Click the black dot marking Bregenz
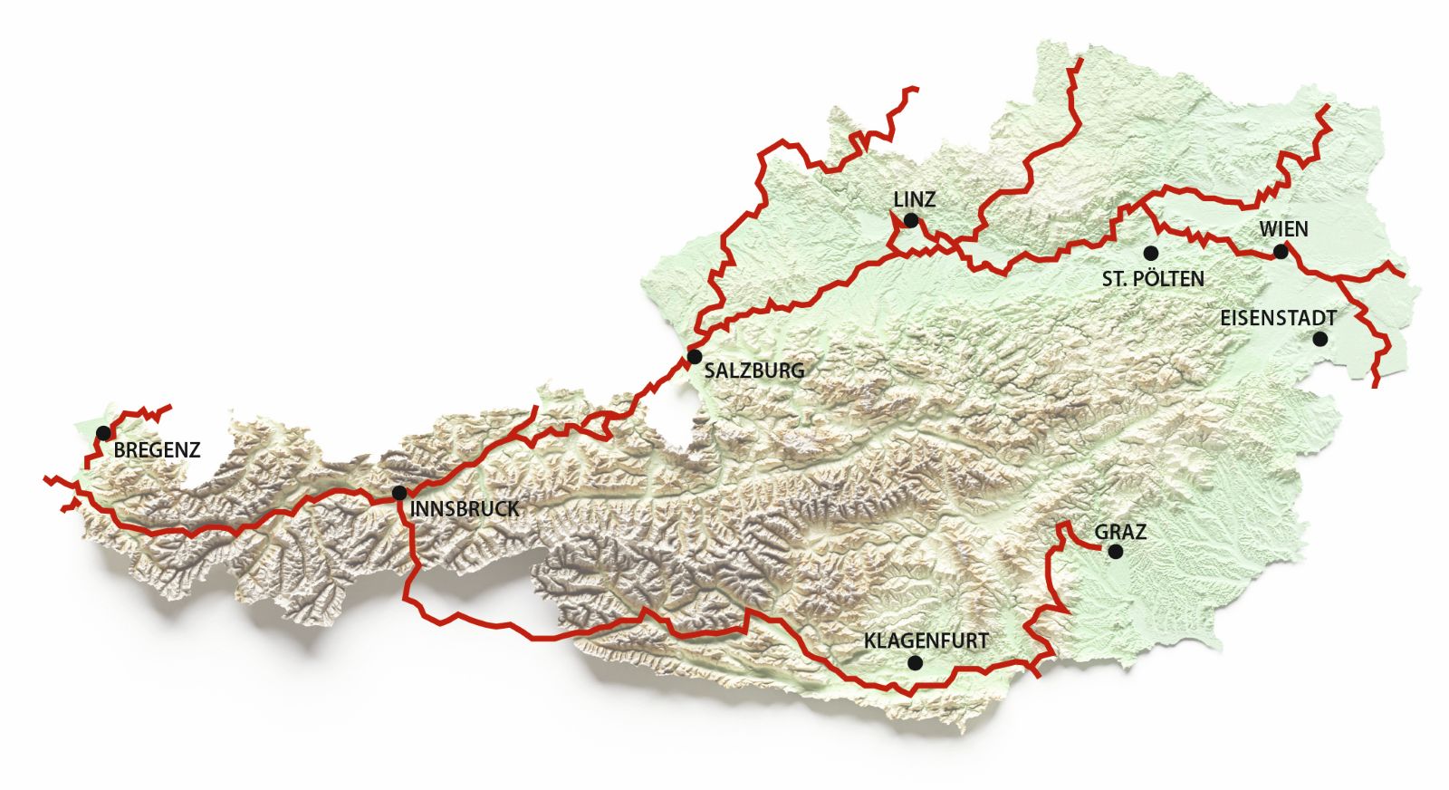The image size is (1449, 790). tap(103, 432)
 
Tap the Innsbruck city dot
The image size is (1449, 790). tap(398, 493)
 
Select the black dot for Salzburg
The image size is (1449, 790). tap(695, 356)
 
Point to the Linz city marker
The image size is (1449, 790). tap(911, 220)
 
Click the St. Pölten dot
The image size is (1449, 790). tap(1150, 252)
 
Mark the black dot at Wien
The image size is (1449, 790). tap(1280, 252)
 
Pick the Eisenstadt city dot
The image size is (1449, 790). tap(1319, 339)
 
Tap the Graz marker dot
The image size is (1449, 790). tap(1116, 551)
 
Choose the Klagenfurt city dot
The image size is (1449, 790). tap(915, 663)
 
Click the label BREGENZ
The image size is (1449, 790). tap(157, 449)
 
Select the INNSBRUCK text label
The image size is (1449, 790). tap(465, 509)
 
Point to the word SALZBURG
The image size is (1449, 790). tap(753, 371)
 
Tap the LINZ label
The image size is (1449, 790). tap(914, 199)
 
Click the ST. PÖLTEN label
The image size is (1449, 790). tap(1153, 279)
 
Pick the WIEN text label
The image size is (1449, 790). tap(1283, 228)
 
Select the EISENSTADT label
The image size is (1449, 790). tap(1278, 318)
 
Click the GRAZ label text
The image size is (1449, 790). tap(1120, 532)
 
